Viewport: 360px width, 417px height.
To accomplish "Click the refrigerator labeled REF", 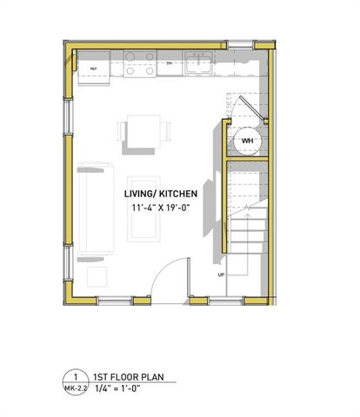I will tap(94, 68).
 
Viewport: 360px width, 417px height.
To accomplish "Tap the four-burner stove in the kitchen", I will tap(139, 64).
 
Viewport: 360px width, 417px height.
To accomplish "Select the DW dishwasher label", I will tap(170, 63).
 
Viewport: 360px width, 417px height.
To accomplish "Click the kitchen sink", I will tap(201, 61).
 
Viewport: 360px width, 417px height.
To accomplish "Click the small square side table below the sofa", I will tap(97, 277).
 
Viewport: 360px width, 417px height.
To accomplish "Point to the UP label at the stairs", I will tap(221, 275).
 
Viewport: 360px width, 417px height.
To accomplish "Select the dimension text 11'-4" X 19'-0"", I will tap(161, 208).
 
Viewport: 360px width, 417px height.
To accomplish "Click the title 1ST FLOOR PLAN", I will tap(130, 377).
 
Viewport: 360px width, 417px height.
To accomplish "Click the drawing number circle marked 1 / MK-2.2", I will tap(77, 383).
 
